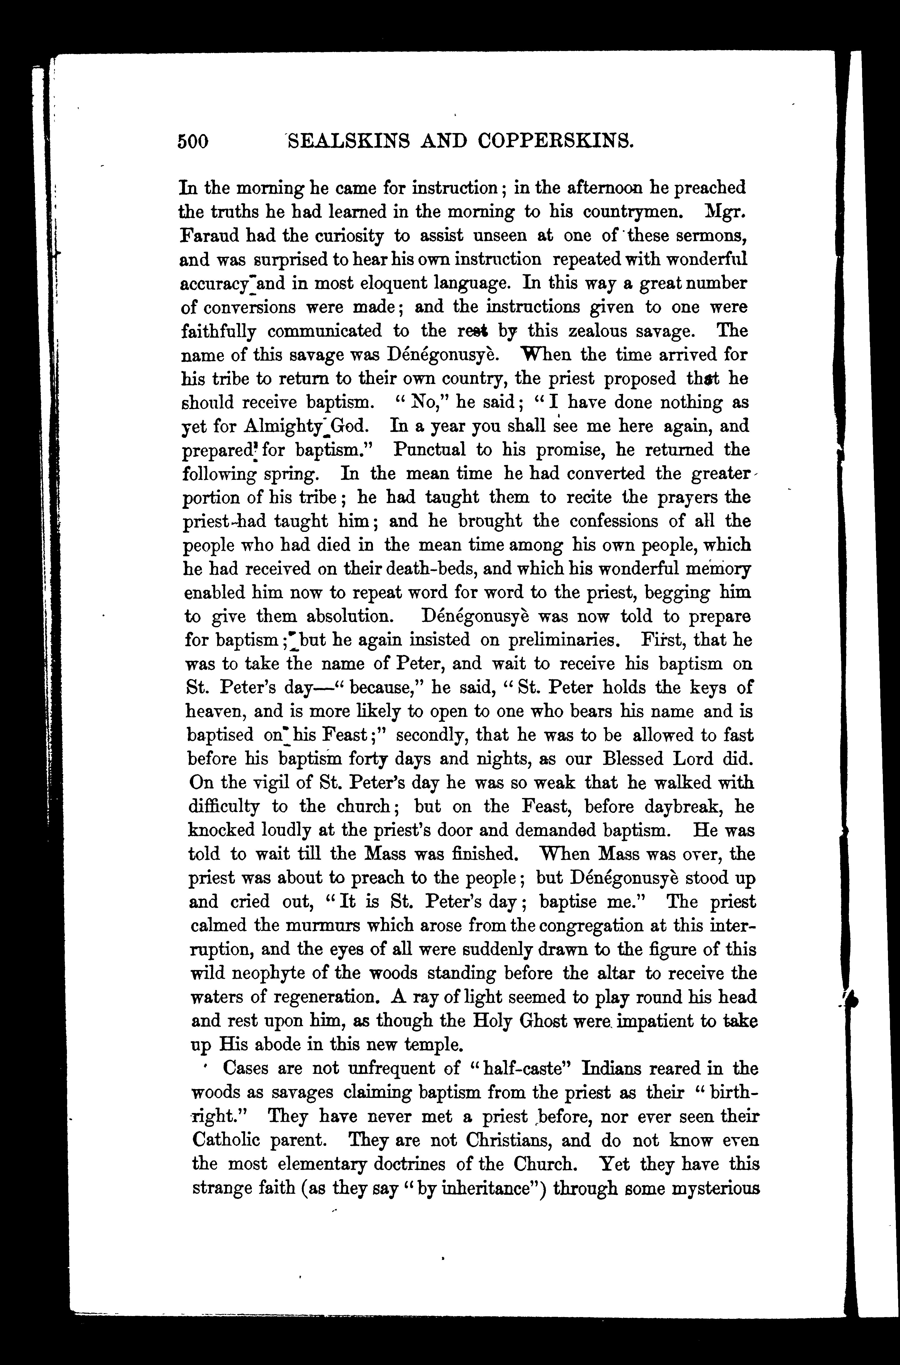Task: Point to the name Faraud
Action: (208, 236)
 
